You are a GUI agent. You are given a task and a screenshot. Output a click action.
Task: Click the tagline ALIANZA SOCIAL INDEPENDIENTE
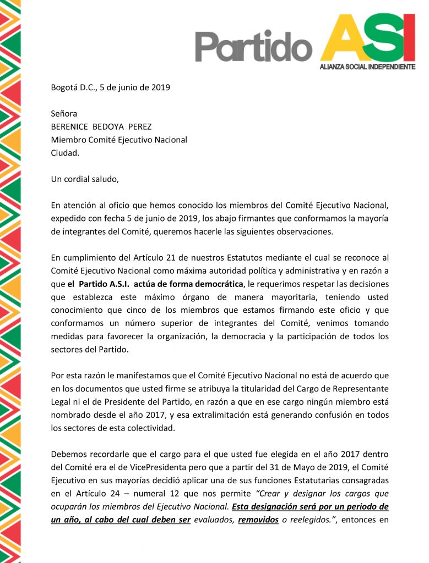point(367,67)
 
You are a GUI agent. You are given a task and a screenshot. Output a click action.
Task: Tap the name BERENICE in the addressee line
point(70,126)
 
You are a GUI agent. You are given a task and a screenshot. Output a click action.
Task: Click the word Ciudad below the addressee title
point(65,153)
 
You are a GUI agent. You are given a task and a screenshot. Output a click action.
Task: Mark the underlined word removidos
point(258,521)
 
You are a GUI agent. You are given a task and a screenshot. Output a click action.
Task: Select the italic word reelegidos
point(308,521)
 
